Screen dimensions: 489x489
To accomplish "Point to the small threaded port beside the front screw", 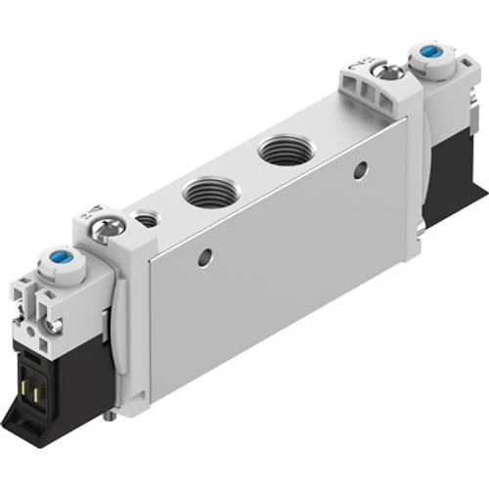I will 147,219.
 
